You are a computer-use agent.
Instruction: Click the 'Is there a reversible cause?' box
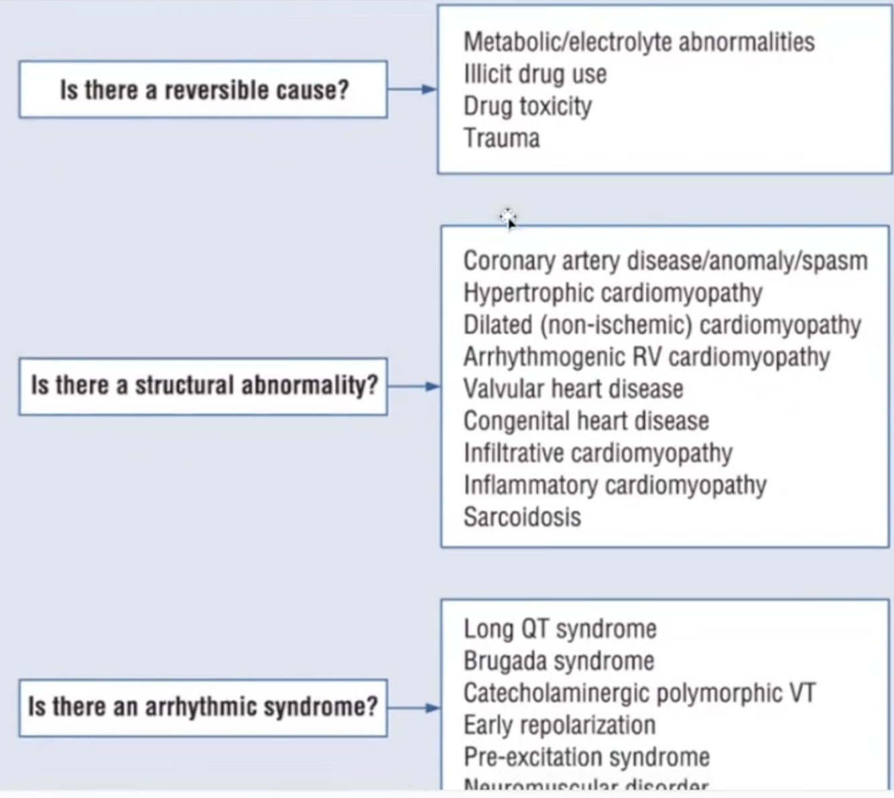click(x=203, y=90)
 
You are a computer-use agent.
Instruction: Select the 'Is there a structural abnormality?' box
click(x=203, y=386)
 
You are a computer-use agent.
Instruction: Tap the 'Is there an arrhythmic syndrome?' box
click(x=203, y=707)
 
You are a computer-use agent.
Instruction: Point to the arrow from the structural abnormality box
click(x=413, y=386)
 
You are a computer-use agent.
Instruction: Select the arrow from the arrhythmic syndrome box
click(x=413, y=707)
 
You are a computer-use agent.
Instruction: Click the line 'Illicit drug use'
click(x=535, y=74)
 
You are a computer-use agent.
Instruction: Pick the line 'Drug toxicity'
click(x=527, y=106)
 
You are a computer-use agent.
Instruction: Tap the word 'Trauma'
click(x=501, y=138)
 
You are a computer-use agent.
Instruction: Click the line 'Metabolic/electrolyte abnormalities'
click(x=639, y=42)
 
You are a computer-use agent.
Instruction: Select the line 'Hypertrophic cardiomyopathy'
click(x=613, y=293)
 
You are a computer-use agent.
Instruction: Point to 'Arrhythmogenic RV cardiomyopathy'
click(x=646, y=357)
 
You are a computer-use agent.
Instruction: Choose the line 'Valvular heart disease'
click(x=573, y=389)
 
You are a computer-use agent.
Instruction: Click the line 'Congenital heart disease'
click(x=586, y=421)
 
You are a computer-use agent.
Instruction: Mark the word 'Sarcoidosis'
click(x=522, y=517)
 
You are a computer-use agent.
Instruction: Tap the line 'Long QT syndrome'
click(x=560, y=629)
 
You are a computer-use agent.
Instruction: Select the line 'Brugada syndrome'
click(x=558, y=661)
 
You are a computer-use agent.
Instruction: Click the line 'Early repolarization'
click(x=559, y=725)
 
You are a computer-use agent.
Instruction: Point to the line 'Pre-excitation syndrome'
click(x=586, y=757)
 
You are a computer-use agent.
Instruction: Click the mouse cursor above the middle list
click(x=508, y=218)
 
